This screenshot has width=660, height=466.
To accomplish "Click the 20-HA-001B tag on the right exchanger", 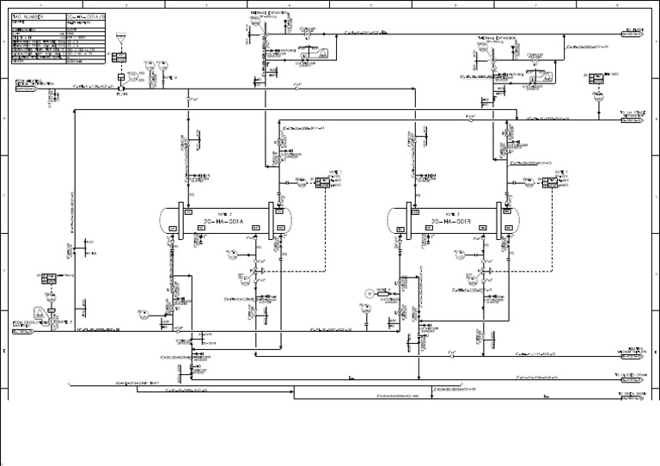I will tap(453, 221).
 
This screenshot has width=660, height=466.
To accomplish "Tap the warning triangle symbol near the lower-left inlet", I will tap(40, 311).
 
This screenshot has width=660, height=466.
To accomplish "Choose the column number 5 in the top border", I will tap(370, 4).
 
